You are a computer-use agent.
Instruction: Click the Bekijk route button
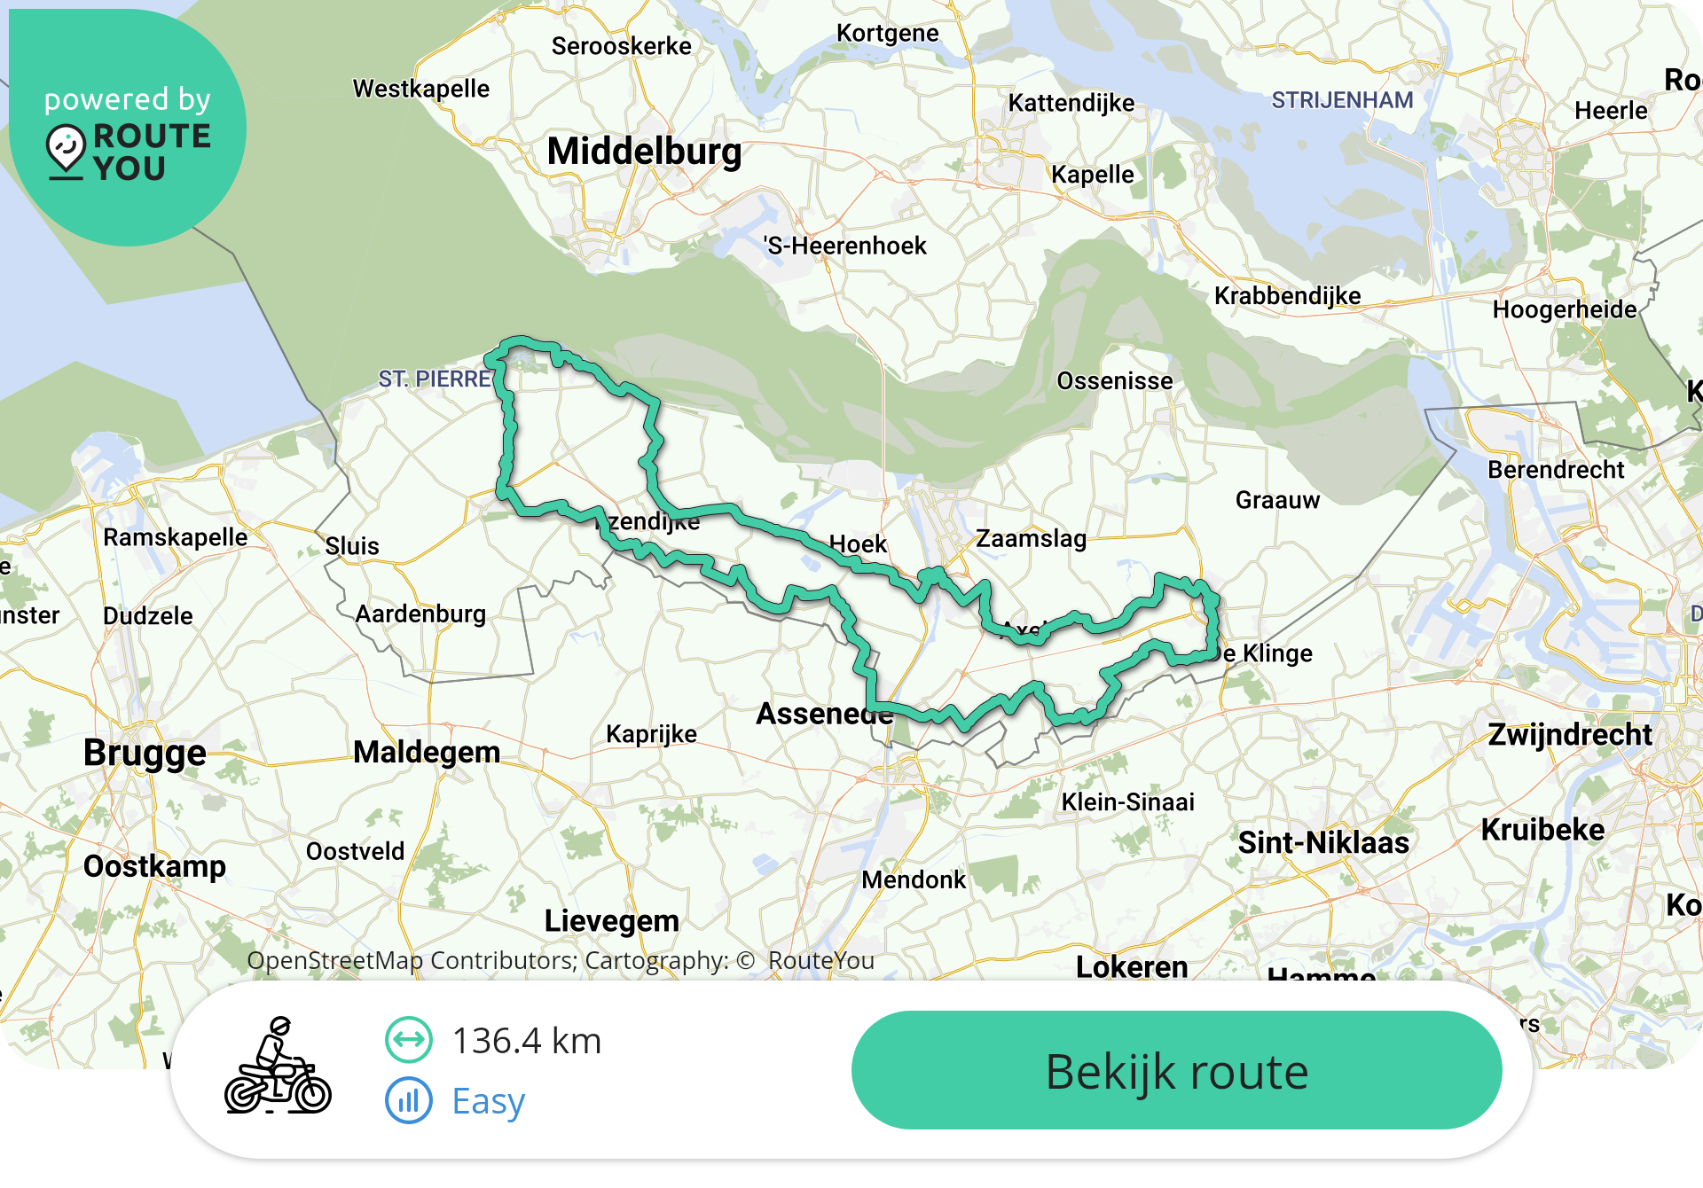tap(1176, 1071)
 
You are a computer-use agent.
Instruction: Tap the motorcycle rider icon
tap(278, 1067)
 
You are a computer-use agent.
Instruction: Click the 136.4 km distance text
tap(527, 1041)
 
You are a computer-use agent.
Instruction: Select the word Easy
tap(489, 1101)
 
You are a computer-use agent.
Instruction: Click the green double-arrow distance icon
tap(409, 1040)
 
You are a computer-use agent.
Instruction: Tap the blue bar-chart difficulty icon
tap(409, 1101)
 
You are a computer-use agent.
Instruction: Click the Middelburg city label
tap(644, 151)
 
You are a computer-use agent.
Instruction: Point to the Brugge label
tap(145, 753)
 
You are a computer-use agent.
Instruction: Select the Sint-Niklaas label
tap(1323, 842)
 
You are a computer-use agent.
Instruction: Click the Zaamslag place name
tap(1031, 538)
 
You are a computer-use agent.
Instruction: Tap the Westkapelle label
tap(421, 89)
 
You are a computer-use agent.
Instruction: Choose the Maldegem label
tap(427, 752)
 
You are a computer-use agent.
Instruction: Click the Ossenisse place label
tap(1115, 381)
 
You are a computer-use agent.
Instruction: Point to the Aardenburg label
tap(420, 614)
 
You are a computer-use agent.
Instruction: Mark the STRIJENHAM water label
tap(1342, 100)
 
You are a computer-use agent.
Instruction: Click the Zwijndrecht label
tap(1570, 734)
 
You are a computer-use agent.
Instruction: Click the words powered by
tap(128, 99)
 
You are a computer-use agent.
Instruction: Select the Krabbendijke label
tap(1287, 296)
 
